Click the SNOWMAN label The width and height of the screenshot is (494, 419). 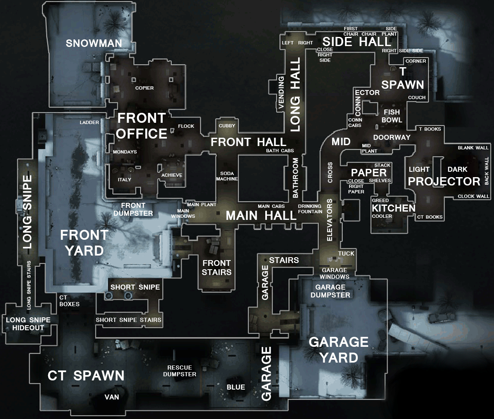[x=94, y=43]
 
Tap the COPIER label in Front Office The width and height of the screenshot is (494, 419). [x=144, y=88]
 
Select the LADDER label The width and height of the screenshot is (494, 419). [x=89, y=122]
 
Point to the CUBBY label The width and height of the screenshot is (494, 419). [x=227, y=126]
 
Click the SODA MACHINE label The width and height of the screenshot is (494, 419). [x=227, y=176]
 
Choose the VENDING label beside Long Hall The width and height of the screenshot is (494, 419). [x=281, y=93]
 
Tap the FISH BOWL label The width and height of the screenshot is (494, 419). [x=392, y=116]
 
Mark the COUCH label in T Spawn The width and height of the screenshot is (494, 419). [x=417, y=98]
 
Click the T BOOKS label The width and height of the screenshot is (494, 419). [x=430, y=129]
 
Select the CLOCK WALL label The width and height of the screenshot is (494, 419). [x=473, y=196]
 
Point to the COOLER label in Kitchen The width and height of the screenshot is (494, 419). [x=382, y=216]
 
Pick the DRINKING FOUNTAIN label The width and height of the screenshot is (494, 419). [x=310, y=209]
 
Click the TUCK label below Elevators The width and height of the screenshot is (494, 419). [x=346, y=253]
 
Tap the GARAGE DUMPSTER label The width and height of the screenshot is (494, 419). [x=330, y=291]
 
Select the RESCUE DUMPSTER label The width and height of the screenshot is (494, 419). [x=180, y=371]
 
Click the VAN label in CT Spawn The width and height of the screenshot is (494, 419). [x=112, y=397]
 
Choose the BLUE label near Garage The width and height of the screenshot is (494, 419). [x=236, y=387]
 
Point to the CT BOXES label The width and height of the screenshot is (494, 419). [x=69, y=301]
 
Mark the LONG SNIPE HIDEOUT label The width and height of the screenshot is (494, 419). [x=28, y=324]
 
